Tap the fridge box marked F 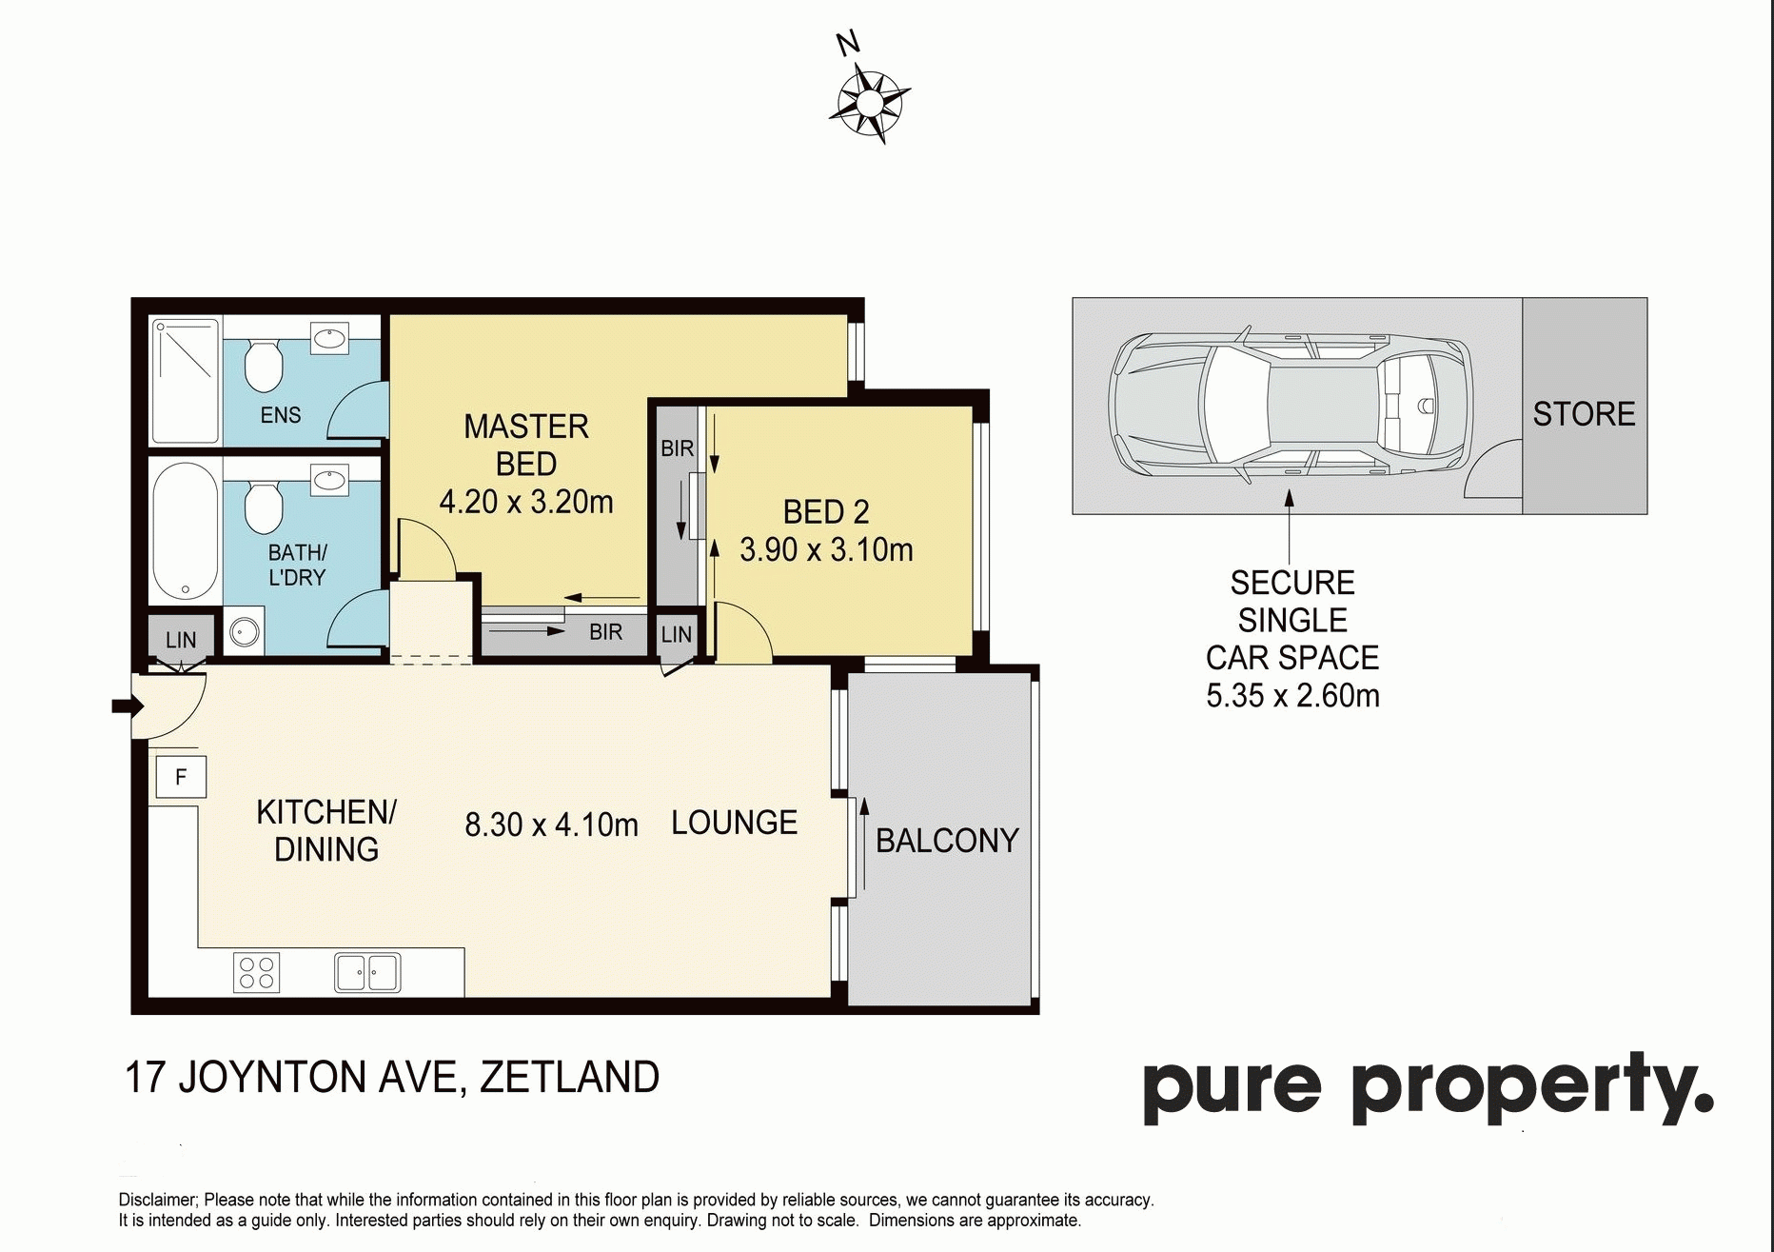(x=181, y=777)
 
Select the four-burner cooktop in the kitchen (x=256, y=972)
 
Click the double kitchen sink (x=367, y=973)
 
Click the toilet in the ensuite (x=264, y=366)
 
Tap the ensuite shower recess (x=186, y=381)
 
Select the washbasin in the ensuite (x=330, y=336)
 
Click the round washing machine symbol (x=246, y=632)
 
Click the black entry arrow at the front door (x=128, y=705)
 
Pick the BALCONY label (x=947, y=841)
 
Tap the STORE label (x=1584, y=414)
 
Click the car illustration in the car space (x=1291, y=406)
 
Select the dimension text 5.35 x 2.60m (x=1292, y=696)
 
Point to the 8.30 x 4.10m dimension (x=551, y=825)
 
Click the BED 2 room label (x=826, y=512)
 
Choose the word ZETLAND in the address (x=569, y=1078)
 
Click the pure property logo (x=1429, y=1088)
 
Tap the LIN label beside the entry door (x=181, y=641)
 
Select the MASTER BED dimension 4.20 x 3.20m (x=526, y=502)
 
